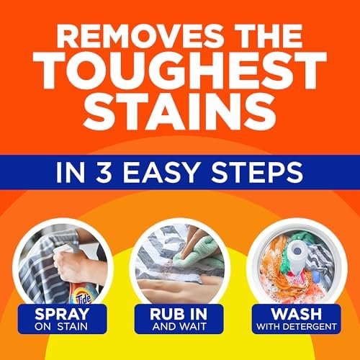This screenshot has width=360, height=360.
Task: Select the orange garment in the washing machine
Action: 280,277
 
